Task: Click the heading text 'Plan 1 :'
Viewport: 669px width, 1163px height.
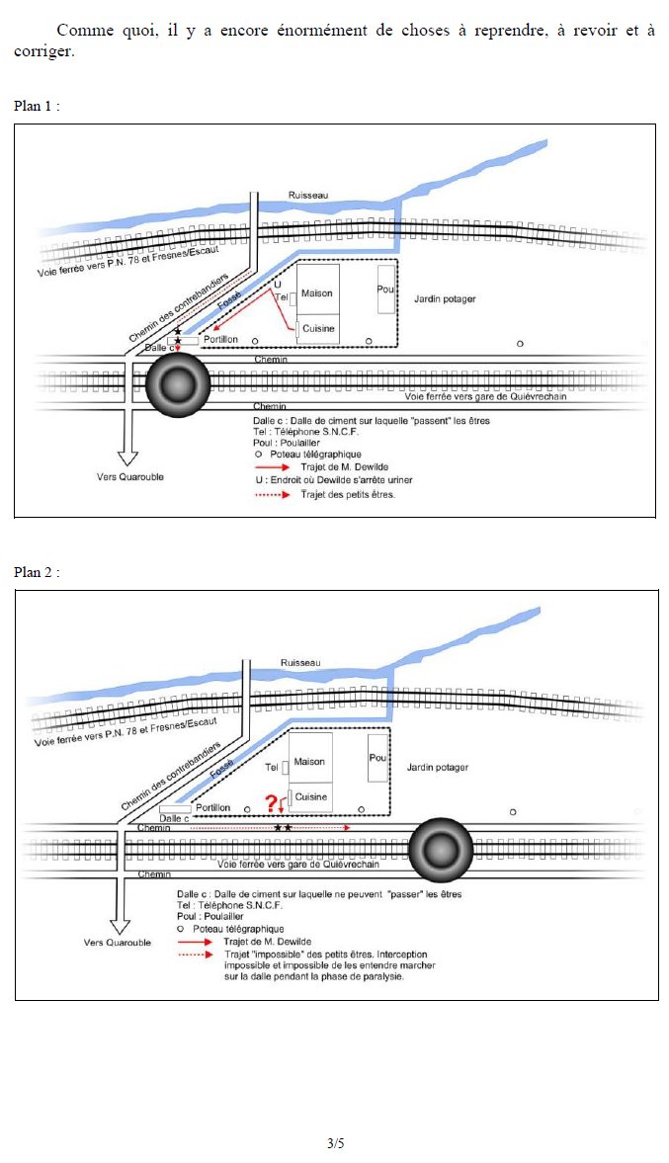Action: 38,106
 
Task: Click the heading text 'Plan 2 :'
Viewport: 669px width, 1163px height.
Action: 38,572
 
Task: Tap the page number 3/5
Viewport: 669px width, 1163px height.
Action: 336,1143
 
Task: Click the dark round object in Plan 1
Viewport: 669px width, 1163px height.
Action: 178,383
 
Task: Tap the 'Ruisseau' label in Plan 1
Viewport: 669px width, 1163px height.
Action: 305,196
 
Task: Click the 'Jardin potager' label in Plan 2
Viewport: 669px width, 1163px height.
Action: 436,767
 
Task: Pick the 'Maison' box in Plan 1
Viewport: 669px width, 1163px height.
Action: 317,293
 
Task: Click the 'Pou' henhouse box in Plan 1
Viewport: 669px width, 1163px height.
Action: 385,289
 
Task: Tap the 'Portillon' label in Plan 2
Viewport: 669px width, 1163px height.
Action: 212,807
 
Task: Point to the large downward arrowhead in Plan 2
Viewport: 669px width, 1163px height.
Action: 121,926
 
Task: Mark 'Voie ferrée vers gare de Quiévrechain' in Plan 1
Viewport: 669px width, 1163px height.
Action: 488,395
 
